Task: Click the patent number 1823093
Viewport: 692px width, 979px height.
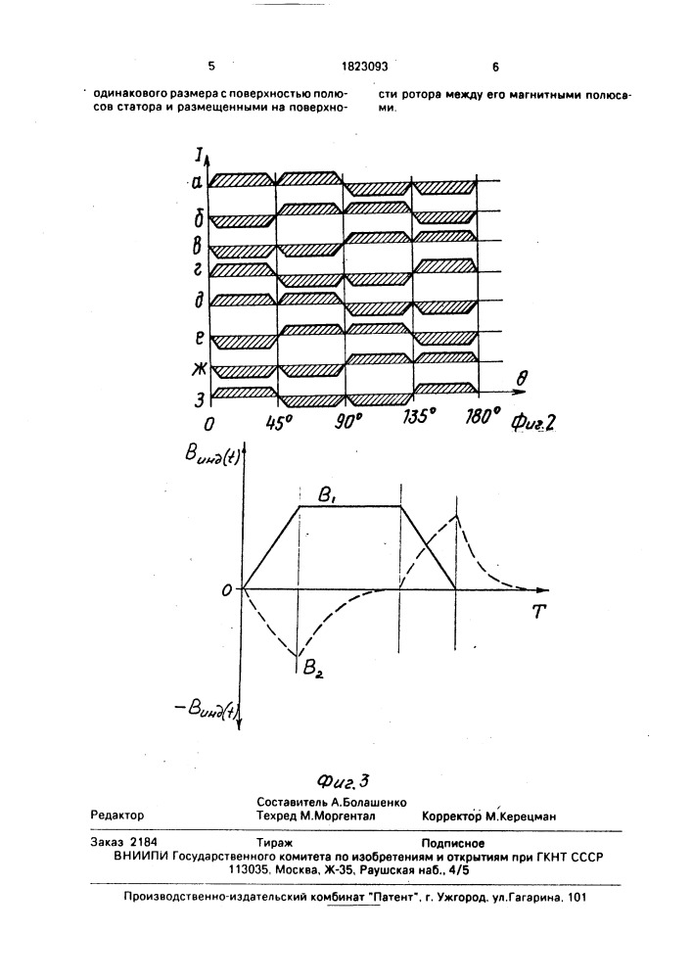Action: (364, 67)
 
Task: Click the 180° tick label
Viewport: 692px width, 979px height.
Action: (482, 416)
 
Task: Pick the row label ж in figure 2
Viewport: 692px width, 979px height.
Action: (199, 369)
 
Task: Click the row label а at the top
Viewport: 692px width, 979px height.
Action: (197, 182)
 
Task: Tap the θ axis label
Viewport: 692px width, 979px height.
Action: (523, 377)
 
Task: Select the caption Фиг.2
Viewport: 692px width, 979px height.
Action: (532, 423)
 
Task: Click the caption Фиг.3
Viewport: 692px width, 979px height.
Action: (344, 780)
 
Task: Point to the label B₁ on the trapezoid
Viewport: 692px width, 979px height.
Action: (328, 495)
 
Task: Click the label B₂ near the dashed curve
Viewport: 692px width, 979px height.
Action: (312, 670)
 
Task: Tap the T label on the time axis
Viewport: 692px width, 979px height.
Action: (538, 611)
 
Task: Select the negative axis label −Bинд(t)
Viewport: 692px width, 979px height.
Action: (206, 709)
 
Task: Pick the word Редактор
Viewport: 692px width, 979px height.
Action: (117, 815)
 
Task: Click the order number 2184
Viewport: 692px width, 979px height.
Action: (144, 842)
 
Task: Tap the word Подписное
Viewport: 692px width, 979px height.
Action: (453, 844)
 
